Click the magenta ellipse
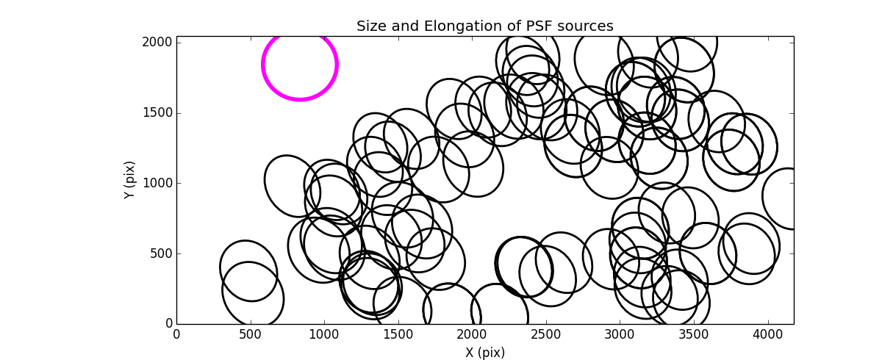pos(300,65)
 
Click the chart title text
pos(484,26)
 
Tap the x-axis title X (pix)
pos(484,353)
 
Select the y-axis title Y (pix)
pos(130,180)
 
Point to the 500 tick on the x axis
pos(251,335)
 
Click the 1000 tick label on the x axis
pos(324,335)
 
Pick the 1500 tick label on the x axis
pos(398,335)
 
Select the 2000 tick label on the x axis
pos(472,335)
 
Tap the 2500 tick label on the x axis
pos(546,335)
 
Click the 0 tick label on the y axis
pos(168,324)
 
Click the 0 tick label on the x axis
pos(176,335)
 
